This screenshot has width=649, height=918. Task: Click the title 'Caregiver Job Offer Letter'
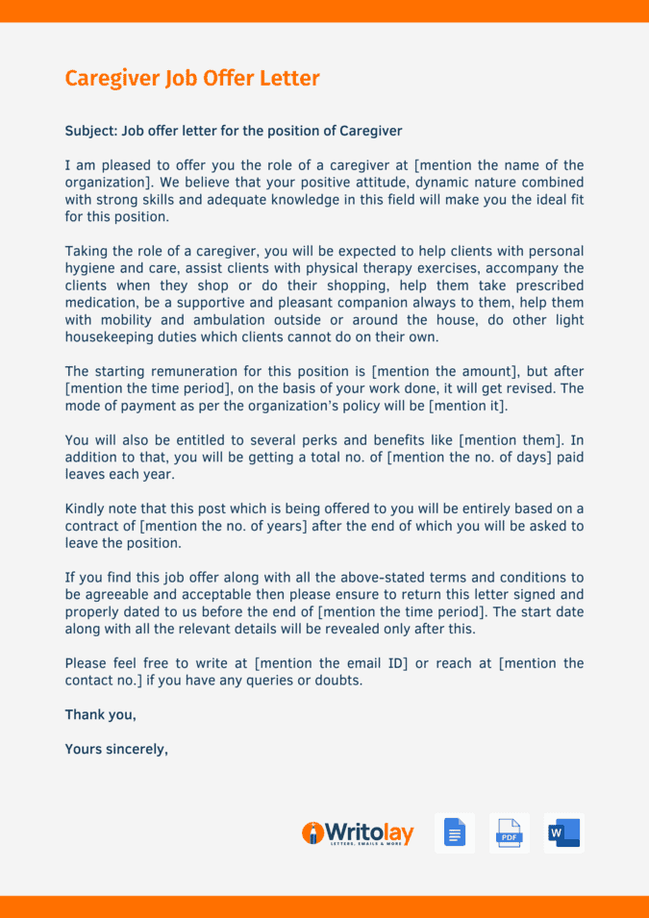tap(192, 79)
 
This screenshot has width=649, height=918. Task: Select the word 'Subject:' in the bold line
tap(90, 131)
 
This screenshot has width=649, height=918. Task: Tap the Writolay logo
tap(358, 833)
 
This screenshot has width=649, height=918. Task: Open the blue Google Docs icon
tap(455, 833)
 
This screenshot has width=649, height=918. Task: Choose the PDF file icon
tap(509, 833)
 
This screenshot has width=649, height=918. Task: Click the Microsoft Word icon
tap(563, 833)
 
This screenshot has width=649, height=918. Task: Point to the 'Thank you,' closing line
tap(100, 714)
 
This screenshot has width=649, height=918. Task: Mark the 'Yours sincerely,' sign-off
tap(116, 748)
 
